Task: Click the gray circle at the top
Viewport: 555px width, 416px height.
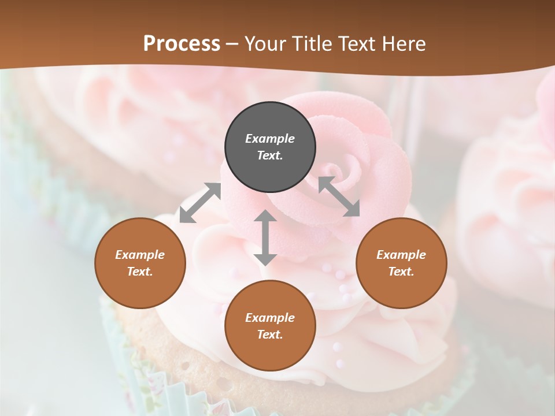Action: click(270, 147)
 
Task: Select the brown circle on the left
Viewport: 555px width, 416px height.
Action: click(140, 263)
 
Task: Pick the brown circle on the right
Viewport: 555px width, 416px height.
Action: click(401, 263)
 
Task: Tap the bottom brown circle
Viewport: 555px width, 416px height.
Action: click(270, 326)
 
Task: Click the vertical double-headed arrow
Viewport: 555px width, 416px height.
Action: click(265, 237)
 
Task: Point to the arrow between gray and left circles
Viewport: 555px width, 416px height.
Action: click(200, 203)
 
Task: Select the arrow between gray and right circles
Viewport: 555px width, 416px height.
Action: click(339, 197)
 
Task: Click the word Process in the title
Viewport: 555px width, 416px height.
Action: click(182, 44)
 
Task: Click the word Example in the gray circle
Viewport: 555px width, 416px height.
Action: click(270, 139)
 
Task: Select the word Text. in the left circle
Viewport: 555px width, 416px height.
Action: click(140, 272)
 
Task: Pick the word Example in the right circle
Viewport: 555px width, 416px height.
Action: click(401, 255)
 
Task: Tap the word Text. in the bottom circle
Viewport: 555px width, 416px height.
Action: click(270, 335)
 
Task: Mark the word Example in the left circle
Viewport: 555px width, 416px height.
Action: click(140, 255)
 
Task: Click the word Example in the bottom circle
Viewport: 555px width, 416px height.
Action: click(270, 318)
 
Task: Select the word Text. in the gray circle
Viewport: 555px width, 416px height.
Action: click(270, 156)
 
